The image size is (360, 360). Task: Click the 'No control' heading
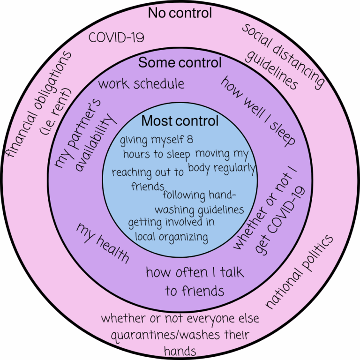[180, 13]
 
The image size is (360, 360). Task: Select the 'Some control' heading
[180, 62]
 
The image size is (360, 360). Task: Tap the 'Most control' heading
[180, 121]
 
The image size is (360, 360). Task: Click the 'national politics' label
[300, 272]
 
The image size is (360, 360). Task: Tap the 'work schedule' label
[141, 84]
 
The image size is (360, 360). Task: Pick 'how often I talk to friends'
[195, 282]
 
